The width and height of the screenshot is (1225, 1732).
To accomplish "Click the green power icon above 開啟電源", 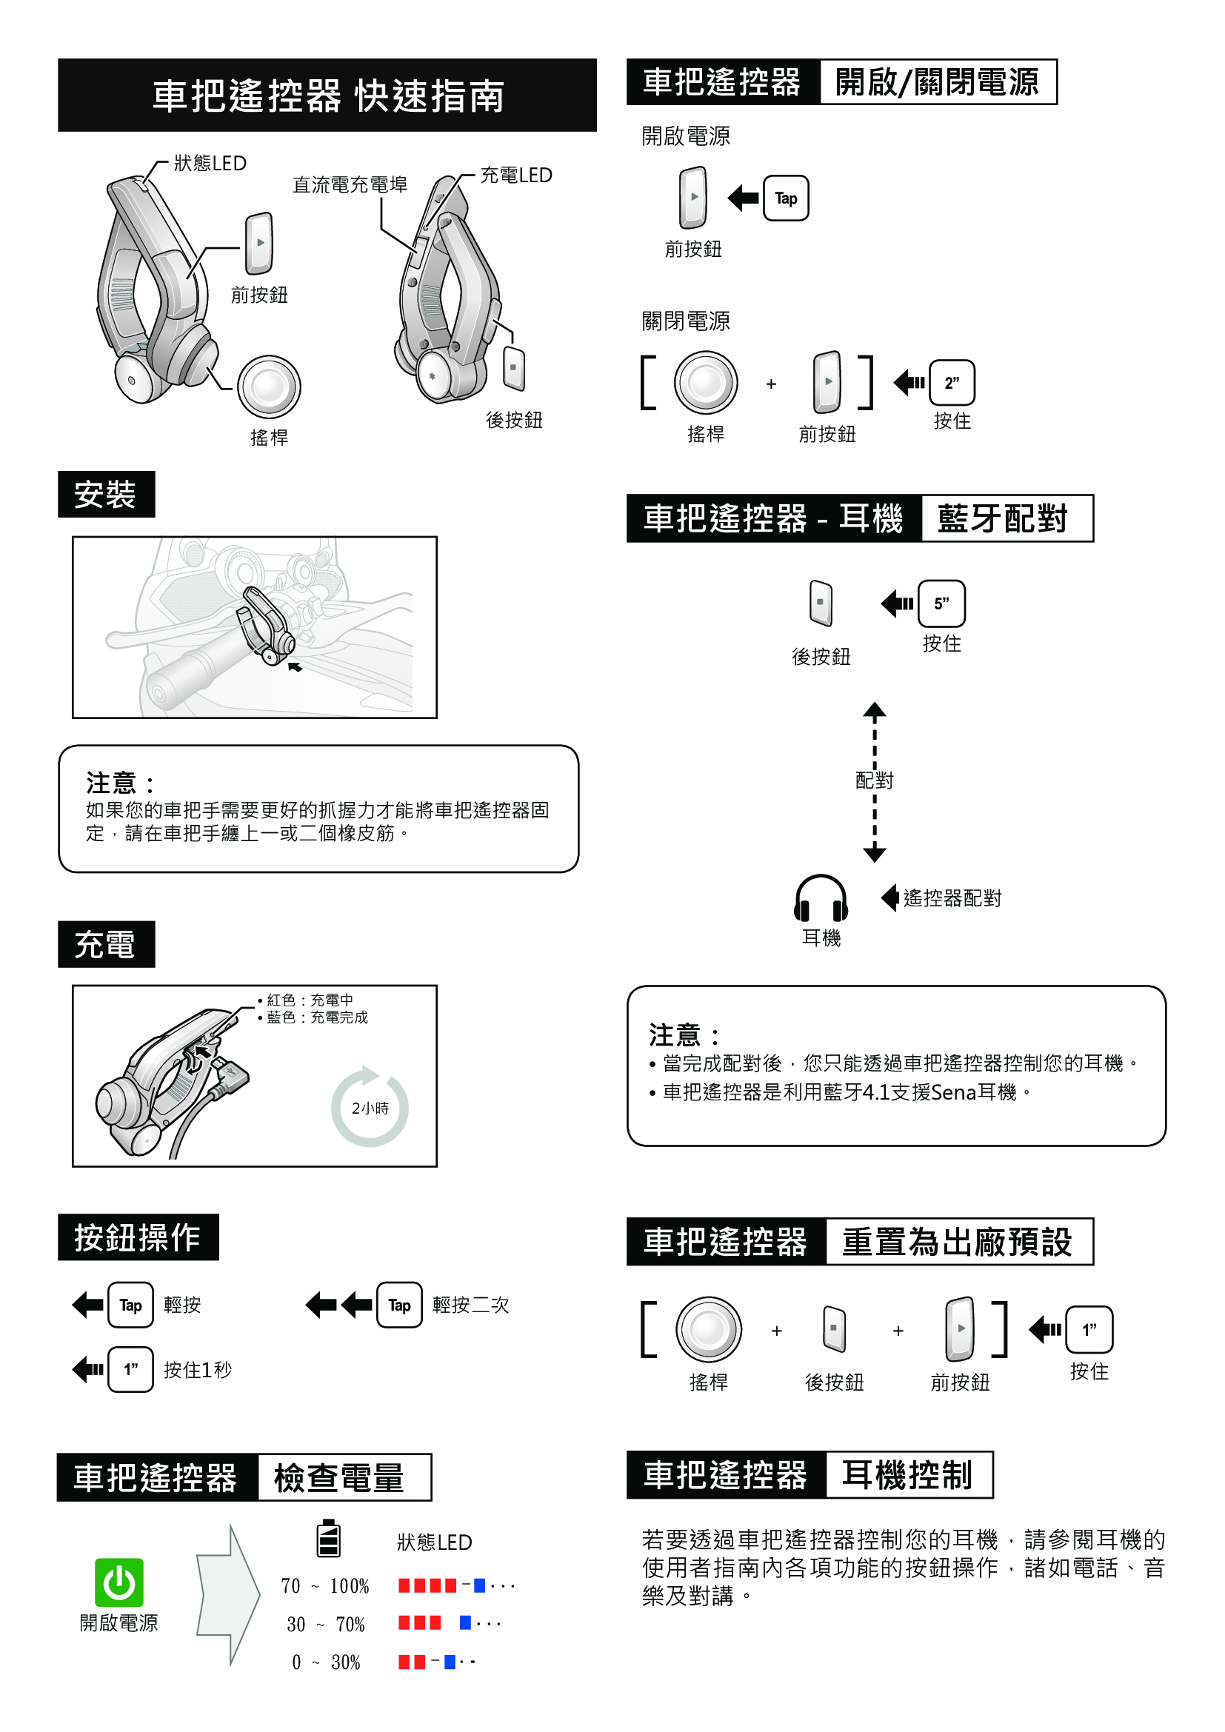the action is tap(119, 1582).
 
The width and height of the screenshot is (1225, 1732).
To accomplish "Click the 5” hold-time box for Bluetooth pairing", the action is tap(941, 603).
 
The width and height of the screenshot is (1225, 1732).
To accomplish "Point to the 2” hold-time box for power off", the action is tap(951, 384).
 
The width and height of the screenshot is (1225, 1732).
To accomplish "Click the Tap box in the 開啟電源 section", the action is tap(785, 198).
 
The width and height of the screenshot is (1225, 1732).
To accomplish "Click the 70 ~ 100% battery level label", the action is tap(325, 1585).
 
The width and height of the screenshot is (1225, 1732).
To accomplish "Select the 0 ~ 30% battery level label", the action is tap(326, 1662).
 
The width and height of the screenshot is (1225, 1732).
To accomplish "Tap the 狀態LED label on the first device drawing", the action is tap(210, 164).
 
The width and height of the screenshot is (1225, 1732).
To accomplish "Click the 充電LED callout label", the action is tap(516, 175).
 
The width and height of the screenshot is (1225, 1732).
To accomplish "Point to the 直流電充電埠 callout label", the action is tap(350, 185).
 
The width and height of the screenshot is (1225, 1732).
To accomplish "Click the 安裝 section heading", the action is tap(106, 494).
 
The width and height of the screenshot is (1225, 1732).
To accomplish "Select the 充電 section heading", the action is tap(106, 943).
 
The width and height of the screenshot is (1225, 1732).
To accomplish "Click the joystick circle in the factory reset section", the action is tap(708, 1329).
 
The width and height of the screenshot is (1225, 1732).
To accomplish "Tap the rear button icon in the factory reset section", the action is tap(833, 1328).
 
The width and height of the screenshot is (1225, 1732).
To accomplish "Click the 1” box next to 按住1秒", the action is tap(130, 1369).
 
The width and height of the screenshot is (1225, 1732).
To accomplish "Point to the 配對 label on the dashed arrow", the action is tap(874, 780).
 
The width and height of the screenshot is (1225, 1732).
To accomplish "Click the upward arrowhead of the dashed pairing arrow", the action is tap(874, 710).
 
